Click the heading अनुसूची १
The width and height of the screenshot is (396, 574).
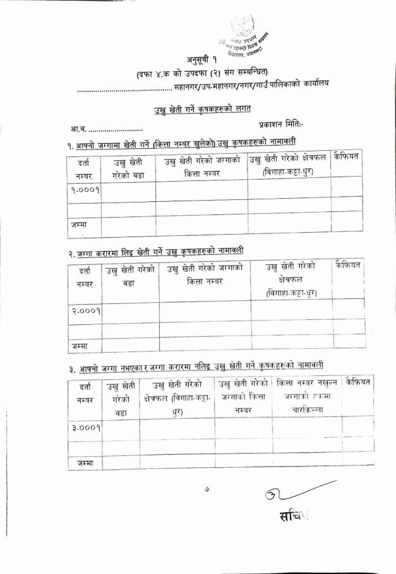click(x=198, y=61)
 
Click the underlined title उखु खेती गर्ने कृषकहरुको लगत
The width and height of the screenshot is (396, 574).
click(x=198, y=111)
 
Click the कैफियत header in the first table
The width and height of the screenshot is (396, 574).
click(x=347, y=156)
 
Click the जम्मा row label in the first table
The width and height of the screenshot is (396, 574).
click(x=80, y=224)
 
